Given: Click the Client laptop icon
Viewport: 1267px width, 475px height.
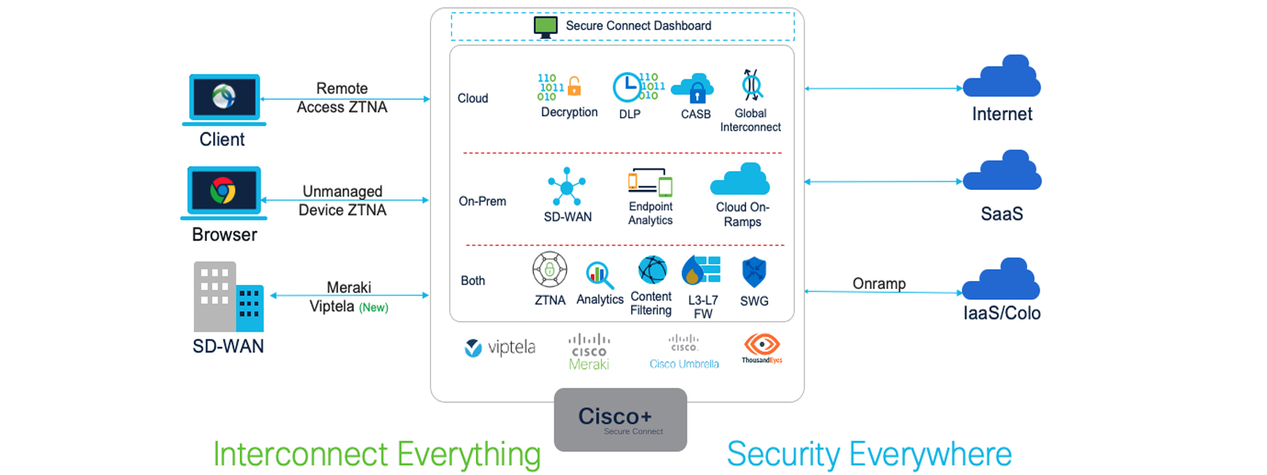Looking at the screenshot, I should [x=224, y=98].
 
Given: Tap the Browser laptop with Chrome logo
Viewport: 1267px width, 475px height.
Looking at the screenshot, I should [x=223, y=192].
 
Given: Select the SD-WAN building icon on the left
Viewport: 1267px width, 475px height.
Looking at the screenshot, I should [x=228, y=297].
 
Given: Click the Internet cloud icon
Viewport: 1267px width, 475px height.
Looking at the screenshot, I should [x=1002, y=77].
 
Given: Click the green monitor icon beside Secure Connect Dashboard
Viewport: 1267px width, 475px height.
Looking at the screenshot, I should [x=546, y=26].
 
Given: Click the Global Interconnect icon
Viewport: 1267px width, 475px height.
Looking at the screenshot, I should [x=751, y=85].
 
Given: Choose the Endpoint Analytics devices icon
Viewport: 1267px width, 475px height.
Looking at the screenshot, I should [x=650, y=181].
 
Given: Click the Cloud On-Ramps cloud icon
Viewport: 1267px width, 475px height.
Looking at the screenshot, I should [x=740, y=180].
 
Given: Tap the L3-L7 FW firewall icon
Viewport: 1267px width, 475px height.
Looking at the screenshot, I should [x=702, y=271].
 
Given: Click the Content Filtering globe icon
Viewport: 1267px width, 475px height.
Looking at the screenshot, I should [x=653, y=270].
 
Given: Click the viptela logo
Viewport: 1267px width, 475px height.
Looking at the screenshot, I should [x=500, y=348].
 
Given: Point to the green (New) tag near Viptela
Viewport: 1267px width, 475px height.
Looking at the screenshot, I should [x=374, y=308].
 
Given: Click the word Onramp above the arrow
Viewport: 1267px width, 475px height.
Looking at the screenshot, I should [x=879, y=283].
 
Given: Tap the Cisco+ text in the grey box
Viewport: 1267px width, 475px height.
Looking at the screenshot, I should [x=614, y=416].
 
